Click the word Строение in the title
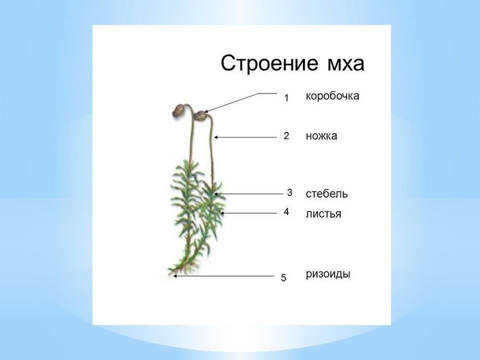(269, 63)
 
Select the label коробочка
(332, 96)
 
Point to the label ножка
(321, 136)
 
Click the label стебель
(326, 194)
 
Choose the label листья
(323, 213)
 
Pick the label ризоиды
(328, 273)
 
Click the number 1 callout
(286, 98)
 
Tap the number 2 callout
(286, 135)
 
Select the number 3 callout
(289, 192)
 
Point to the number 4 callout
(286, 211)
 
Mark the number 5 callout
(283, 277)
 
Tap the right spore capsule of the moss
(200, 115)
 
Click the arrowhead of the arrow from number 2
(215, 137)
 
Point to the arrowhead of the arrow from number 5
(175, 276)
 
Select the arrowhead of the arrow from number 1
(206, 111)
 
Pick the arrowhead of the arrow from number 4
(222, 213)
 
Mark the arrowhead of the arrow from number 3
(215, 194)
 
